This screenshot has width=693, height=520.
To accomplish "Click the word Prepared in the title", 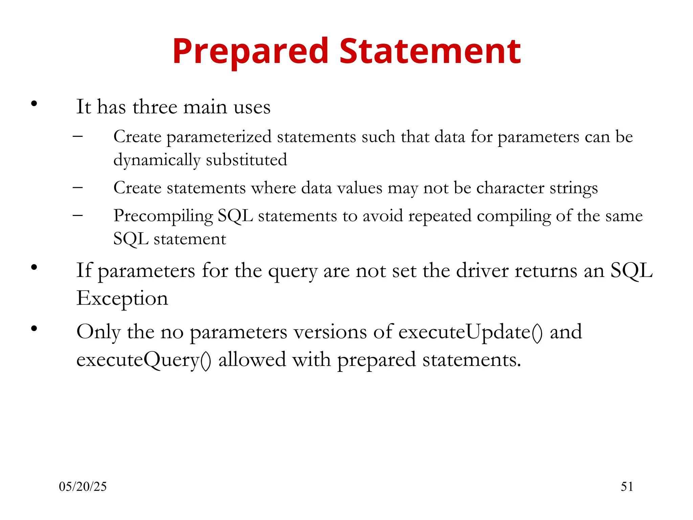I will (250, 51).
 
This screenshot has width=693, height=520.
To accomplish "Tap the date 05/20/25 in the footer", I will (83, 486).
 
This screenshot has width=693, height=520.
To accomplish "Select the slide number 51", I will (627, 486).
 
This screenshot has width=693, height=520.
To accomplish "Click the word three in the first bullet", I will (155, 107).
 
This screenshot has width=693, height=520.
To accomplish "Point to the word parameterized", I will (219, 137).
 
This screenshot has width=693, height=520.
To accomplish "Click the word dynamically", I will (157, 160).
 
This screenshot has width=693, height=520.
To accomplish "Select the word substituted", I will (246, 160).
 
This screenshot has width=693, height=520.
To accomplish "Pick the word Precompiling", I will (163, 216).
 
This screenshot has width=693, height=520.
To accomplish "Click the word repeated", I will (440, 216).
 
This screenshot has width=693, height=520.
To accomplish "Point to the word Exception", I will (122, 298).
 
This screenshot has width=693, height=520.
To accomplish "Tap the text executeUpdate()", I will (471, 332).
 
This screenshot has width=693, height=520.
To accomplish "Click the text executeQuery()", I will (144, 360).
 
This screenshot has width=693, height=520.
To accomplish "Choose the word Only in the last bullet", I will (98, 332).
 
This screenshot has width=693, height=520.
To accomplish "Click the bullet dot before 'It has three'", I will (34, 104).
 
